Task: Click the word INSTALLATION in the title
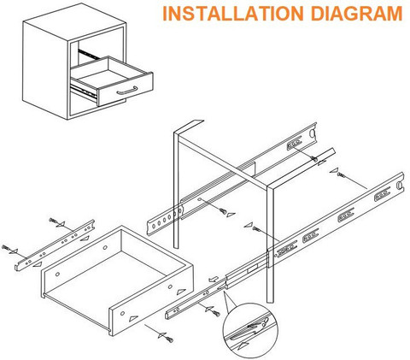(233, 14)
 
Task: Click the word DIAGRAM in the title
(356, 14)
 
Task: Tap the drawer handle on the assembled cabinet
(127, 91)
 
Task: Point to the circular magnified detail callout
(250, 330)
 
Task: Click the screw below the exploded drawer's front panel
(170, 339)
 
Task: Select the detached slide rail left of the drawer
(55, 245)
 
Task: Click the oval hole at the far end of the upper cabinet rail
(313, 133)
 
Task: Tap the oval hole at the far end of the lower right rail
(400, 185)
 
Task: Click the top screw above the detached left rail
(53, 221)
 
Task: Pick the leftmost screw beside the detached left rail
(6, 247)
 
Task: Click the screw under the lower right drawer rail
(216, 314)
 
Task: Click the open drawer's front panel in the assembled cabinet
(126, 89)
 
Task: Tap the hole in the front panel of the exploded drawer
(122, 313)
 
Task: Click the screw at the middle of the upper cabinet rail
(223, 211)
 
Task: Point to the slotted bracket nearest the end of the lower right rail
(382, 194)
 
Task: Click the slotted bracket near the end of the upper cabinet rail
(294, 143)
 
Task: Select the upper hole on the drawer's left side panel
(105, 247)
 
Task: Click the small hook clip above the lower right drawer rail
(214, 279)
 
